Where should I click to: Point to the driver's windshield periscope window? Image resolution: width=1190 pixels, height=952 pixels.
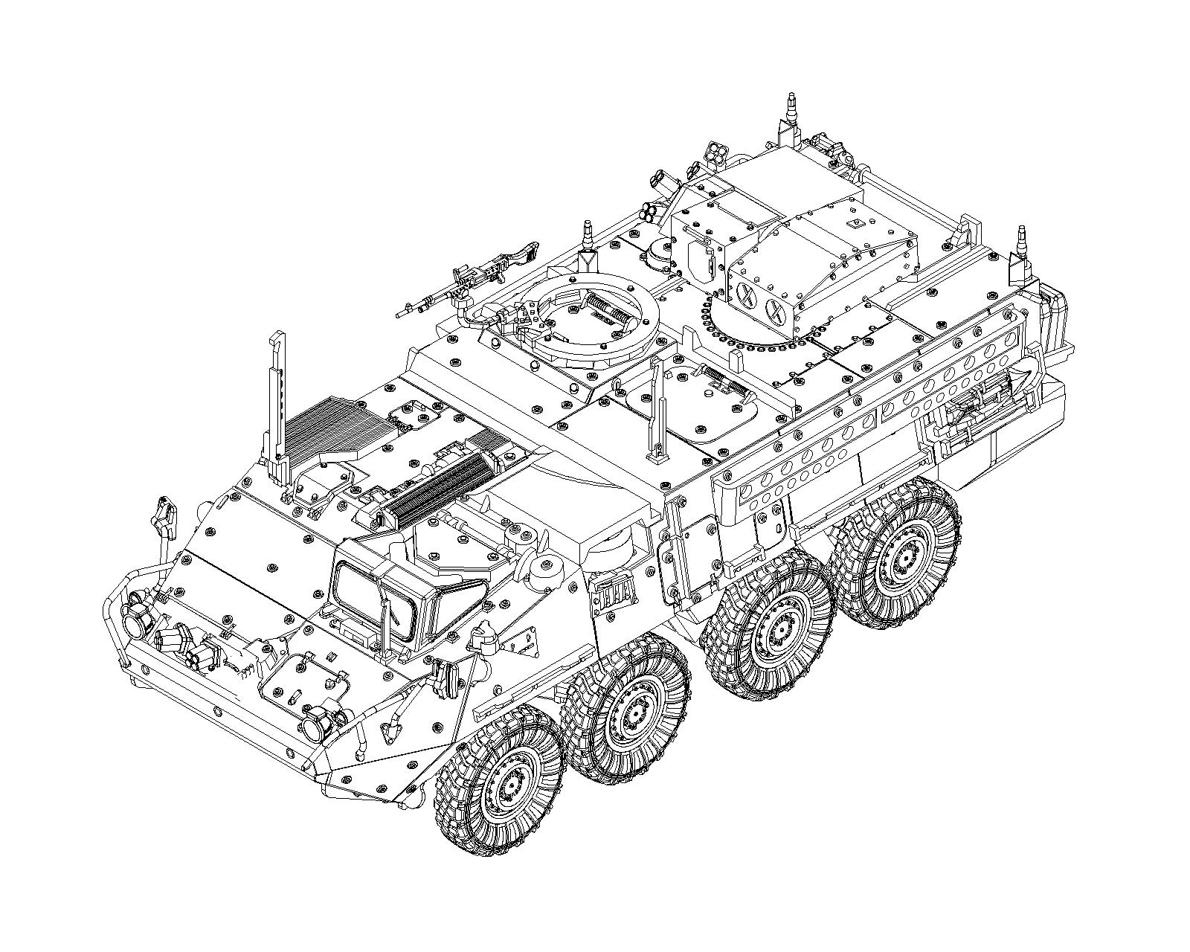(372, 599)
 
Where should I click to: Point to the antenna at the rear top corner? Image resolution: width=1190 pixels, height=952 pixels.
(791, 119)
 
